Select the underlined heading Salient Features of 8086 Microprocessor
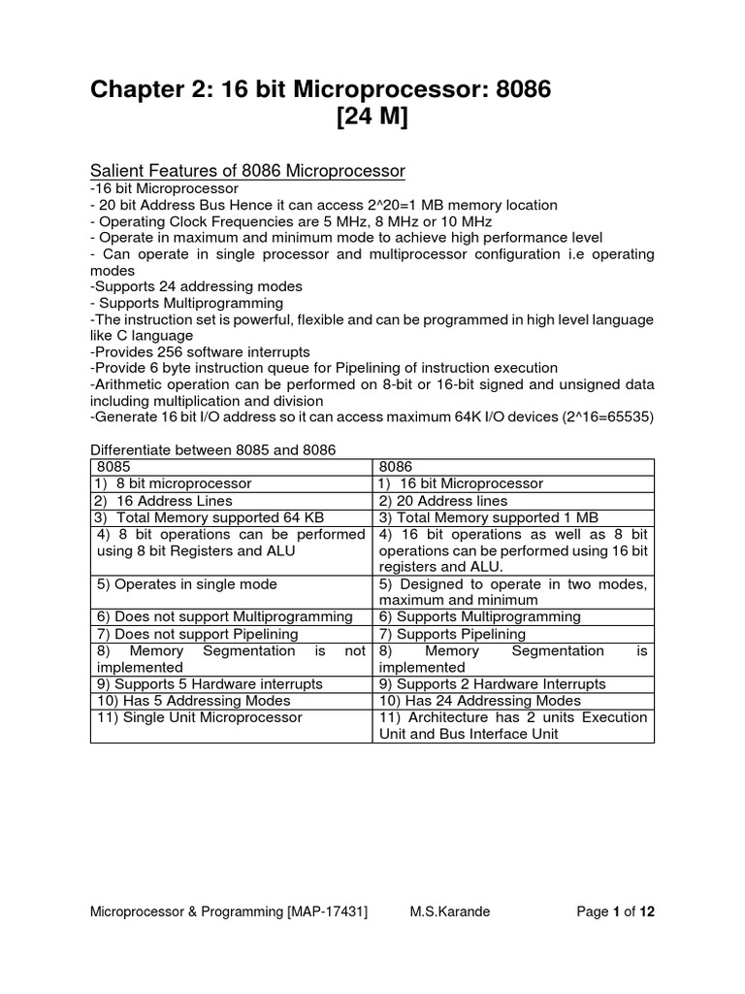247,171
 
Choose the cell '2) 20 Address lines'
443,501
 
